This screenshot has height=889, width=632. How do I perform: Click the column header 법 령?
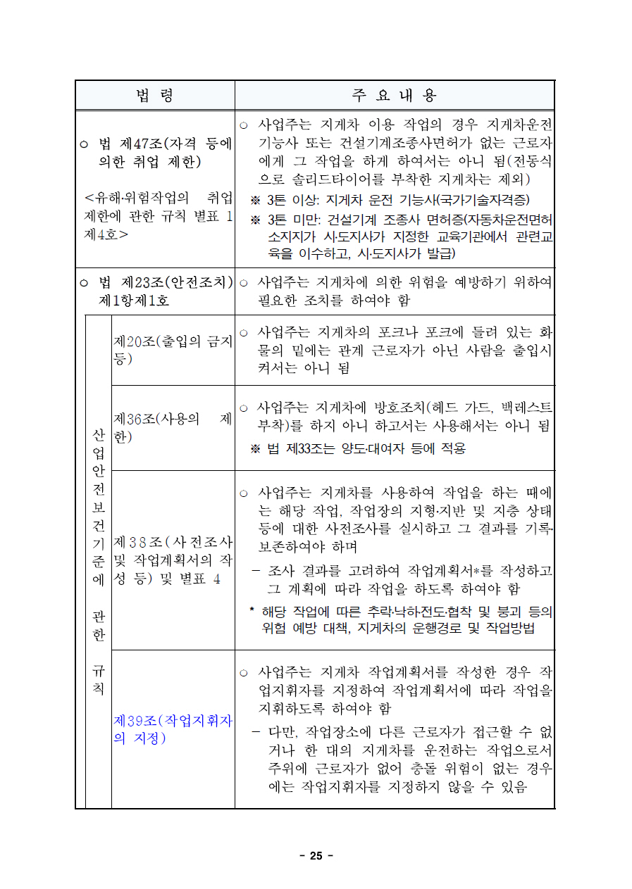(155, 96)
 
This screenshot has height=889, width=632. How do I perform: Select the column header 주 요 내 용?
(395, 96)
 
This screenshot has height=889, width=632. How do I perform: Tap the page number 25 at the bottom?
(316, 856)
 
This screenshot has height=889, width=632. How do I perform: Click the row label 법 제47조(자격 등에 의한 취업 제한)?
(156, 153)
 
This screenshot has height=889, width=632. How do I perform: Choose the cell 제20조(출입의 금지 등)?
(173, 350)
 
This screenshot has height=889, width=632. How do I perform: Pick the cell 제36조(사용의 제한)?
(173, 428)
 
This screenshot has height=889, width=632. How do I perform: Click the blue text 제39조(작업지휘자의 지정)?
(173, 729)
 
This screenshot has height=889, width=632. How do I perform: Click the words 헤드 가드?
(451, 408)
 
